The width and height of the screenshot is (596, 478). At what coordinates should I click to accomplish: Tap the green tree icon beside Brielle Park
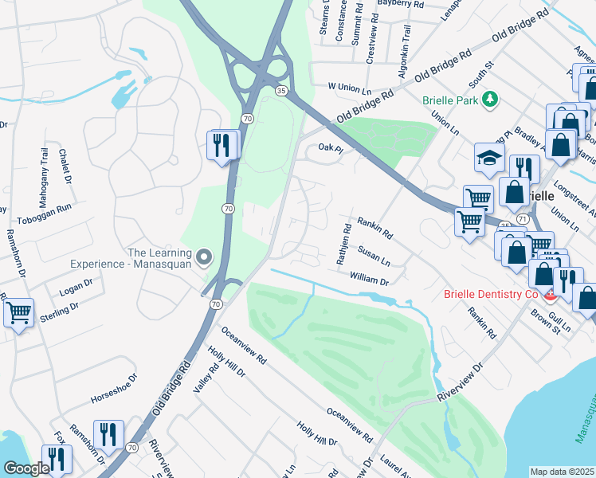[x=491, y=99]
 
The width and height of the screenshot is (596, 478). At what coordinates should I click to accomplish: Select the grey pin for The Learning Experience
[x=205, y=257]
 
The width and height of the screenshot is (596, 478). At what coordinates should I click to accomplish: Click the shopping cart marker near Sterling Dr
[x=18, y=311]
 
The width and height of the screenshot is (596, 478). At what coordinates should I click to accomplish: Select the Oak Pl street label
[x=330, y=147]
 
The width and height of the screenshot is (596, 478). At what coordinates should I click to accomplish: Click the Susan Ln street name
[x=374, y=256]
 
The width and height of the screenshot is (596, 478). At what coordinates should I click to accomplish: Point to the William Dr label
[x=368, y=280]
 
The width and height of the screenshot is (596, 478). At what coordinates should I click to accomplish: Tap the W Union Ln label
[x=351, y=85]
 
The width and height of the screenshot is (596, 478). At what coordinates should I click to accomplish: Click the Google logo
[x=26, y=468]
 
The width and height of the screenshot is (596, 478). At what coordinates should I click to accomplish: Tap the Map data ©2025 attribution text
[x=561, y=472]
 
